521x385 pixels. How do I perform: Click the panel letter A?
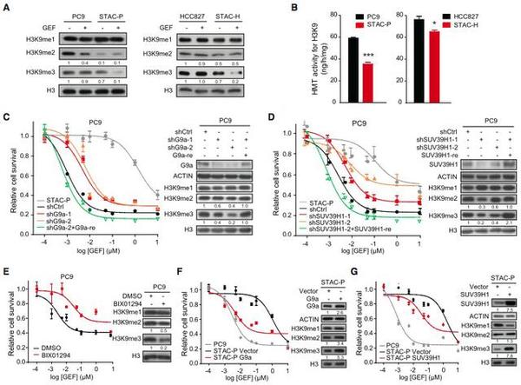tap(6, 7)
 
